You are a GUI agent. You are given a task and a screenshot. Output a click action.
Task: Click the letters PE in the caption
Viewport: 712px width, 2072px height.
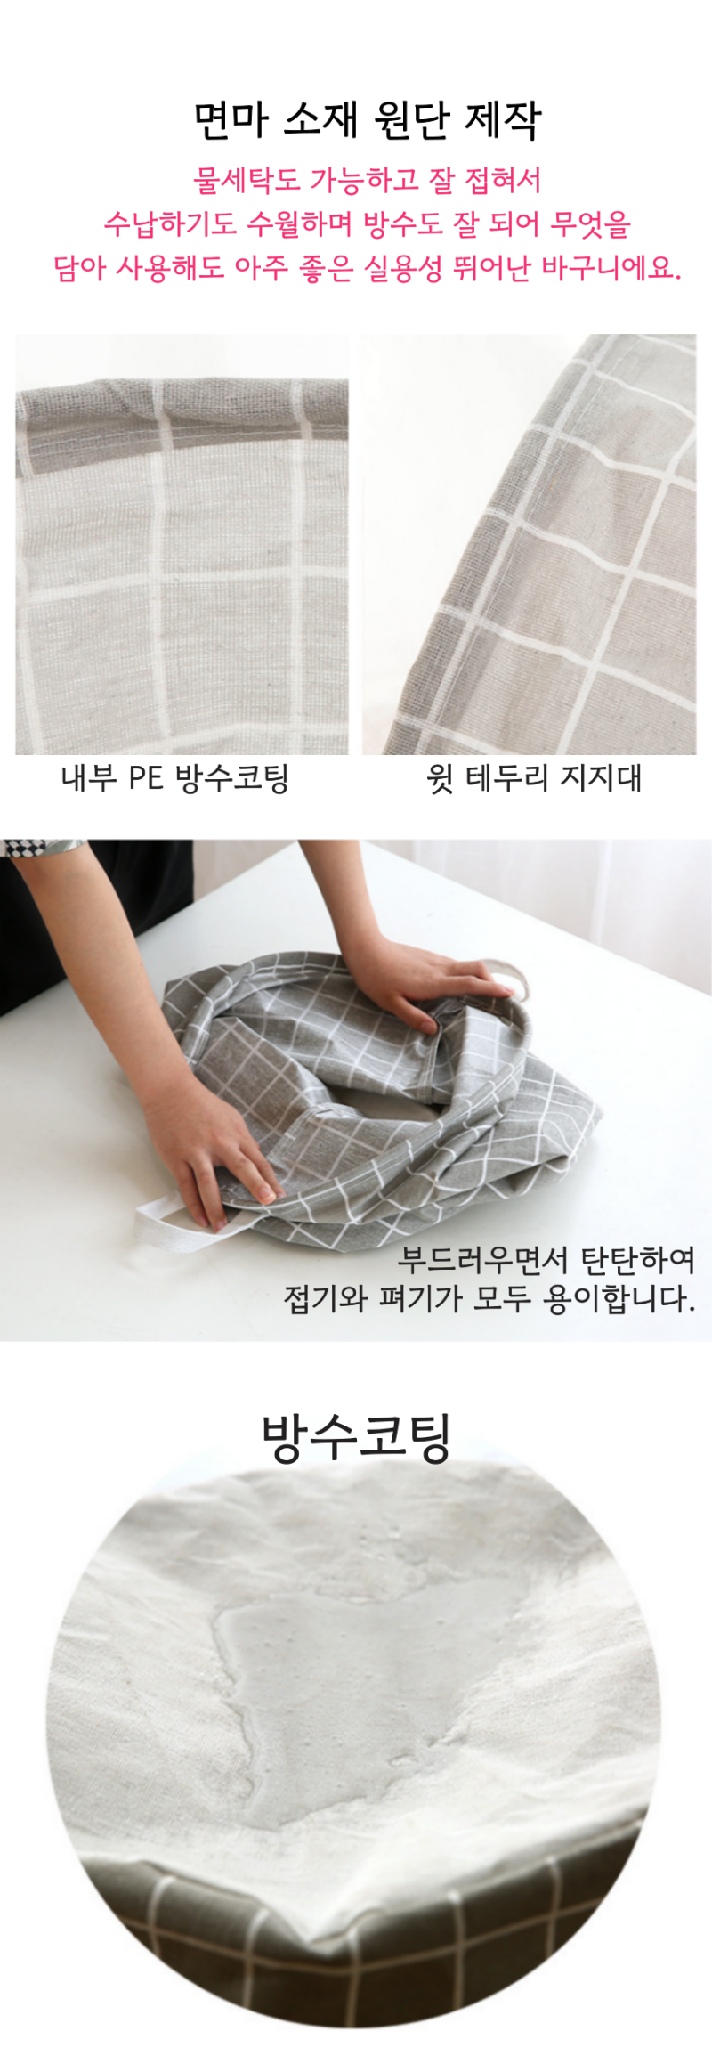click(x=145, y=777)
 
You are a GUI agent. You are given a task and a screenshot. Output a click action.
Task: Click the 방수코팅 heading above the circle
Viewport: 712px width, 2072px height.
click(x=357, y=1437)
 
